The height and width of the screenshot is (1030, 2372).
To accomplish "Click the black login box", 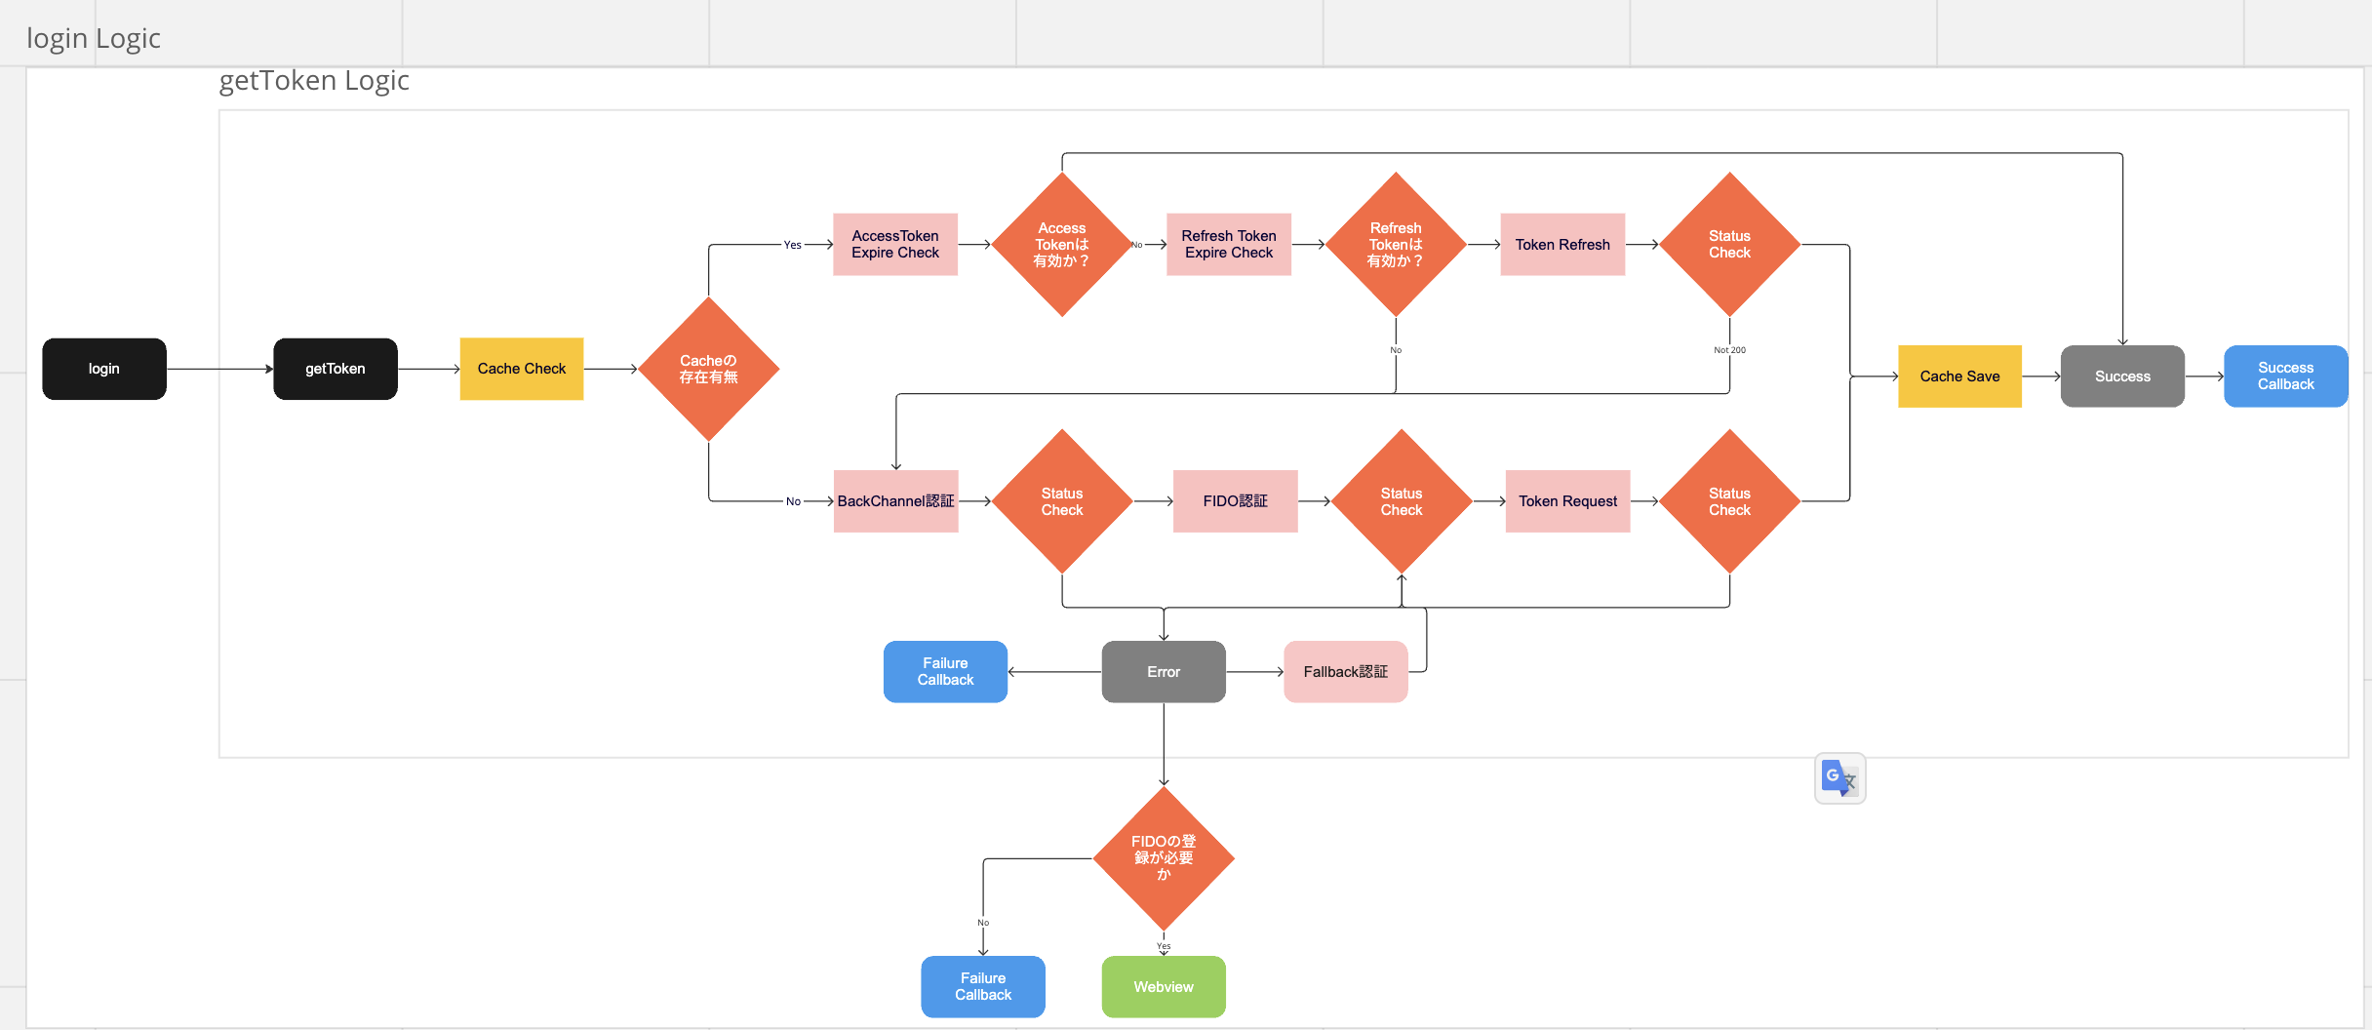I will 104,369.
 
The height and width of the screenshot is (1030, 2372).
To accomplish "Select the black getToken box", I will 336,369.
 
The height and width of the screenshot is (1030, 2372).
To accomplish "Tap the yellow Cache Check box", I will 522,369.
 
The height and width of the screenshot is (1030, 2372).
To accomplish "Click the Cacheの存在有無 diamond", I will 709,369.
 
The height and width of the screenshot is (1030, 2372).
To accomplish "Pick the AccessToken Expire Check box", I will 895,245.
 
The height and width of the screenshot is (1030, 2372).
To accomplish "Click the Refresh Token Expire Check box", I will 1229,245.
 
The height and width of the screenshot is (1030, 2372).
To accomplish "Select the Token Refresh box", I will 1562,245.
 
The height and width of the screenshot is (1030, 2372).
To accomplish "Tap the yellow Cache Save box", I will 1959,376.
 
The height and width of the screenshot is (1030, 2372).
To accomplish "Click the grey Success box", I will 2122,376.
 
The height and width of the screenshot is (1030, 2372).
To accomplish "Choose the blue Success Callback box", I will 2285,376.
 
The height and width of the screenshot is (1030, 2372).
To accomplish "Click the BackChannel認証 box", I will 896,501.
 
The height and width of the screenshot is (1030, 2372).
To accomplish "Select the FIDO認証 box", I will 1235,501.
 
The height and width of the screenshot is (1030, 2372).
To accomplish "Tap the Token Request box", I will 1567,501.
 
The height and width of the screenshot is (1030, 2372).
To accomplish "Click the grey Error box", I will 1164,672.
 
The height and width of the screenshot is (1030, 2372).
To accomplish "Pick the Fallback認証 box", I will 1346,672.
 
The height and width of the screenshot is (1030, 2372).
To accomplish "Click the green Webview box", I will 1164,987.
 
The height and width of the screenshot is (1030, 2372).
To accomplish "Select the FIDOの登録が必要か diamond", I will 1164,858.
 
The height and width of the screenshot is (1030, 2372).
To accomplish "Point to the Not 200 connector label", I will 1729,350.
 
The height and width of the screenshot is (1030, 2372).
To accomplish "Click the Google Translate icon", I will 1840,778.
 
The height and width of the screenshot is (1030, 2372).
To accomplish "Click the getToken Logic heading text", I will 314,81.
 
